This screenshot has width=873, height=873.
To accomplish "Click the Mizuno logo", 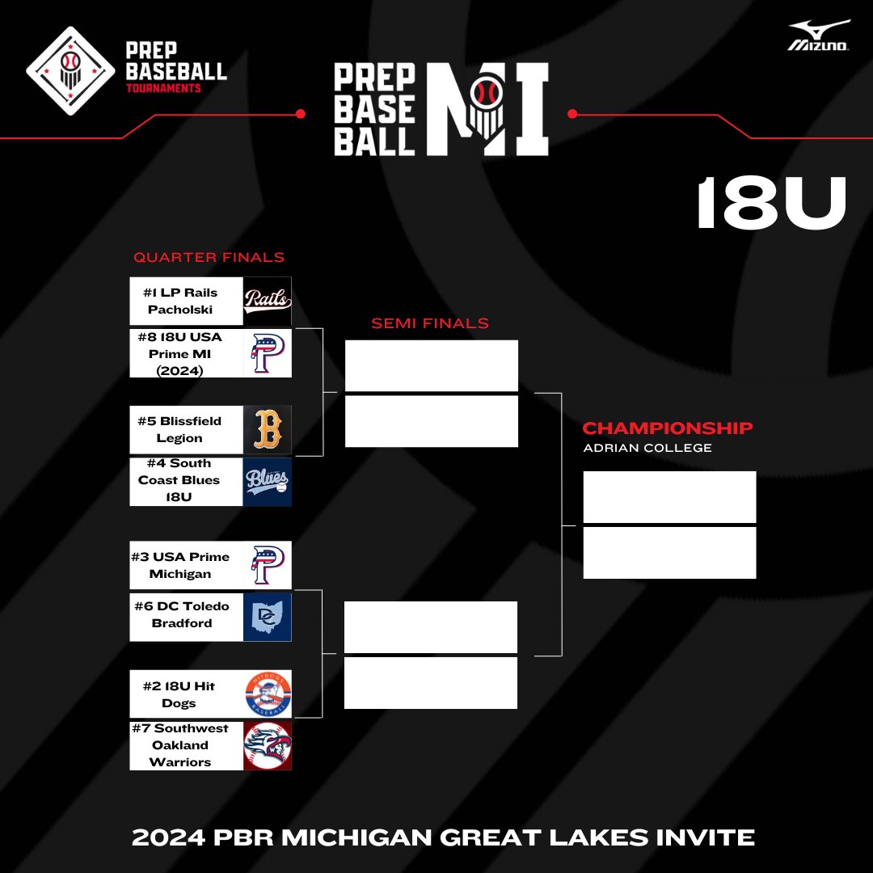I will coord(819,36).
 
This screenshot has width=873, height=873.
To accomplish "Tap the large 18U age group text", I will coord(771,205).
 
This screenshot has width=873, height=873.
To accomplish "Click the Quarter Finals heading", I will coord(209,258).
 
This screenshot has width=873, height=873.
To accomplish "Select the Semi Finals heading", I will coord(430,323).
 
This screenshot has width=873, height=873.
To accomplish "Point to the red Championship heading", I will coord(668,428).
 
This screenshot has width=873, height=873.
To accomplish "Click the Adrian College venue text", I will coord(647,448).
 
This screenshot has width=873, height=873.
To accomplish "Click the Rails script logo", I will coord(268,301).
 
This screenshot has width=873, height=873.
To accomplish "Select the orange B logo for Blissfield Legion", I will coord(268,429).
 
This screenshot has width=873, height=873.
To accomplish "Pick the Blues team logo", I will coord(268,482).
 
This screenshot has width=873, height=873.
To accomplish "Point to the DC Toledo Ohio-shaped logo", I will coord(268,617).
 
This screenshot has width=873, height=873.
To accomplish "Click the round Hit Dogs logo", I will coord(268,694).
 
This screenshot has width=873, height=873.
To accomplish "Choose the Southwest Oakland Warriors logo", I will coord(268,745).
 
